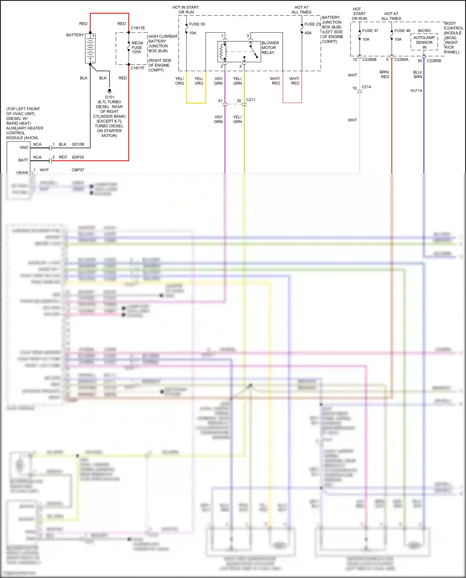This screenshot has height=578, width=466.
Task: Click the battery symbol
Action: click(x=90, y=48)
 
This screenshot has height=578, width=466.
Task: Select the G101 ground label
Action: click(x=109, y=97)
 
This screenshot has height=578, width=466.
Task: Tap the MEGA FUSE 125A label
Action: click(x=137, y=47)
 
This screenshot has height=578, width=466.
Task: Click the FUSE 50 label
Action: click(x=197, y=24)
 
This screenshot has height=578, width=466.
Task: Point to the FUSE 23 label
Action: click(x=312, y=24)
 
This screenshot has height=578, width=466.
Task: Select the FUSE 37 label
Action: click(x=370, y=31)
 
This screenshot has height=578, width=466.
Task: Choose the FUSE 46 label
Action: click(x=402, y=31)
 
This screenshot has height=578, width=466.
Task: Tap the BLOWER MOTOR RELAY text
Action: click(x=270, y=48)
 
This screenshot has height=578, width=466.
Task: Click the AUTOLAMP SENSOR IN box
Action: click(x=424, y=42)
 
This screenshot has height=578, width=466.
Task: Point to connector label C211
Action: click(x=251, y=100)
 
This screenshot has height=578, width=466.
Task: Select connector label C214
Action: click(x=366, y=87)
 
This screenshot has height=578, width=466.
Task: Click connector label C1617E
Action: click(x=138, y=28)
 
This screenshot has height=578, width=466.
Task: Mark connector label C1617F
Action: click(x=138, y=68)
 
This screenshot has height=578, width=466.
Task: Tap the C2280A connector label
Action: click(x=401, y=60)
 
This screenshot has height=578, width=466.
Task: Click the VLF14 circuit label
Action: click(x=416, y=91)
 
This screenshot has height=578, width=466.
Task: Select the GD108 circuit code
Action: click(x=78, y=144)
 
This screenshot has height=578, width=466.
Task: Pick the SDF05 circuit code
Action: click(x=78, y=157)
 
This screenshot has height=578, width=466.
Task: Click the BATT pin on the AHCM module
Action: click(x=23, y=160)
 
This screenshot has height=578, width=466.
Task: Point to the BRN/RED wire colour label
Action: click(x=385, y=75)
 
